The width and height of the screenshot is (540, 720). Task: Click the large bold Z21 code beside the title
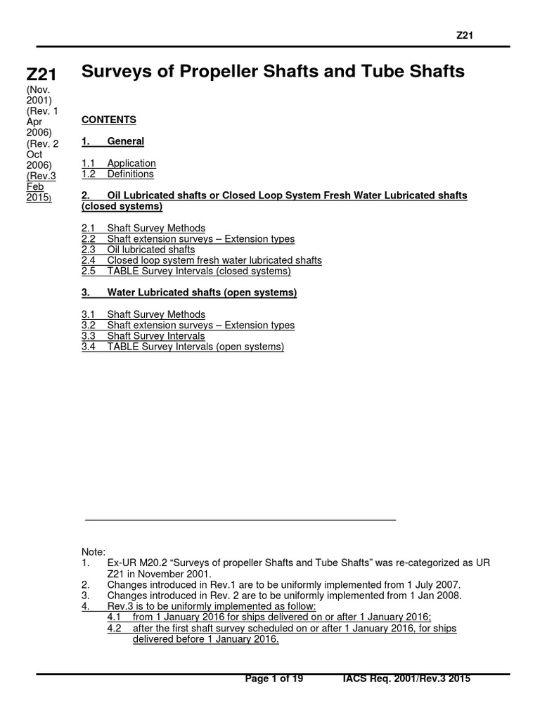coord(41,74)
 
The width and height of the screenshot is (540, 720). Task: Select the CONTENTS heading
coord(109,120)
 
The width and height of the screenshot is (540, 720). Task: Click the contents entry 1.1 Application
coord(119,163)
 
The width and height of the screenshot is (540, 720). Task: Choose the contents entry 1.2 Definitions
coord(117,174)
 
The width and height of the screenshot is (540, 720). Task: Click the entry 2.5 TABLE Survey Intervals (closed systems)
coord(186,271)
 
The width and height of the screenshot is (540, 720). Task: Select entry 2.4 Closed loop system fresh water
coord(201,260)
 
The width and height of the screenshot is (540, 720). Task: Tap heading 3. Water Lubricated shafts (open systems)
coord(189,292)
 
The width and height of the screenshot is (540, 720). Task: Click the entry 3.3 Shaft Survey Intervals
coord(143,336)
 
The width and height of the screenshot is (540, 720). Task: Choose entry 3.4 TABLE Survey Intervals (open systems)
coord(183,347)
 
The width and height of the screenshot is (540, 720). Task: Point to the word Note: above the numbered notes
coord(94,552)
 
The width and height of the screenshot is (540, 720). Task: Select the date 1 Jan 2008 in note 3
coord(435,595)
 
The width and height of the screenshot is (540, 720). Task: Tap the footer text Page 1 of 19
coord(274,679)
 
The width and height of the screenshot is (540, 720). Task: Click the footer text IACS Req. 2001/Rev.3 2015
coord(406,679)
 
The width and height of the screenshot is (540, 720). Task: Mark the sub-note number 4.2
coord(115,628)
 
